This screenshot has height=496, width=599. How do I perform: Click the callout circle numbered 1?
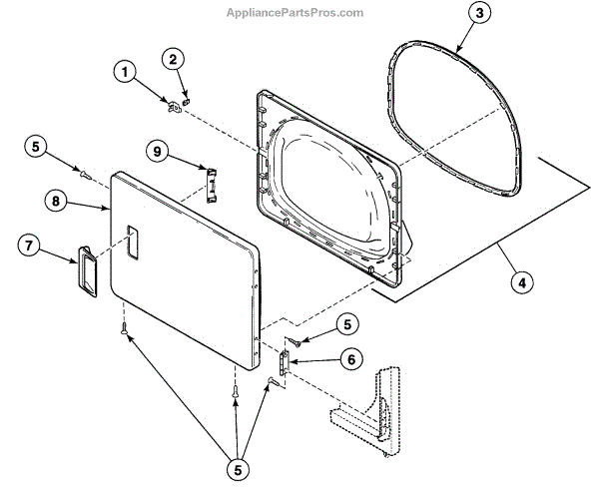124,72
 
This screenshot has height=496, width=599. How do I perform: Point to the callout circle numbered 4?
519,282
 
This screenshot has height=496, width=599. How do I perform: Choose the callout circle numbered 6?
350,358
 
